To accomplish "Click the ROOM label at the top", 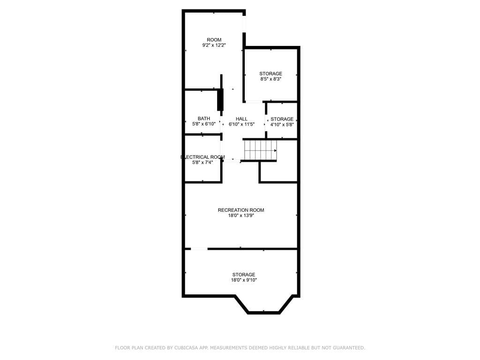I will [x=214, y=40].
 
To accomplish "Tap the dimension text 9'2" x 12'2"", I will [x=214, y=45].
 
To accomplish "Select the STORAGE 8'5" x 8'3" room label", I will [x=271, y=74].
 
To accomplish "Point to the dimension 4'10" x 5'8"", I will [x=282, y=125].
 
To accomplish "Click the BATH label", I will [x=204, y=119].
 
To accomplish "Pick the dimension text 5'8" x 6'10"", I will [x=204, y=124].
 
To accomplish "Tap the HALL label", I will [x=241, y=119].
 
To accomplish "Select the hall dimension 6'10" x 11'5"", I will [x=241, y=125].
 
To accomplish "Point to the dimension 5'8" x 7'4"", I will [x=202, y=163].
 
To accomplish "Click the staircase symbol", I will [x=260, y=150].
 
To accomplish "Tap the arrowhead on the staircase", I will [x=275, y=150].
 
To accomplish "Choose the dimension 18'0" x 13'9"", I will [x=241, y=216].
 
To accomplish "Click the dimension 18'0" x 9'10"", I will [x=244, y=280].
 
